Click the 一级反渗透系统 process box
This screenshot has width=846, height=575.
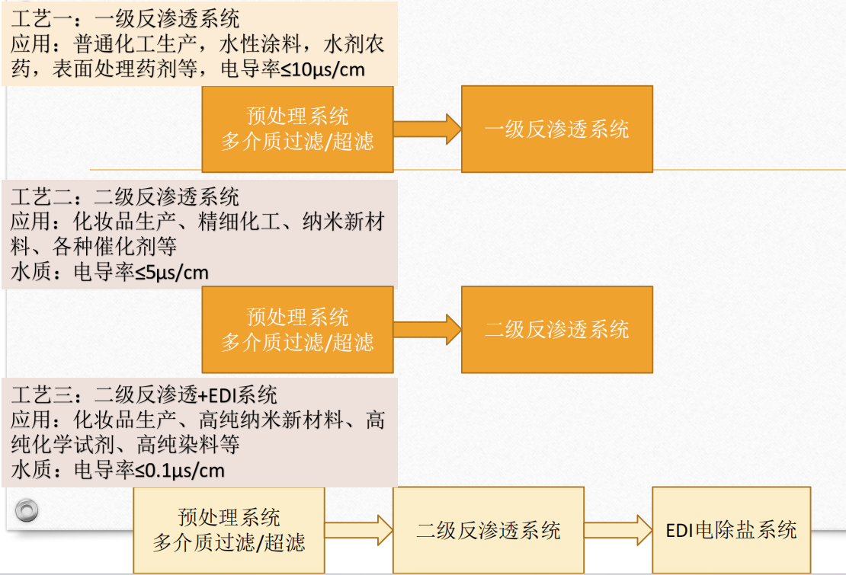(557, 129)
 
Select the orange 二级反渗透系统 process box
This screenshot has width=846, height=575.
(557, 329)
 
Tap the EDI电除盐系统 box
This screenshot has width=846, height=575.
(731, 529)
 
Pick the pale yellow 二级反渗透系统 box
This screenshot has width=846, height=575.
(489, 530)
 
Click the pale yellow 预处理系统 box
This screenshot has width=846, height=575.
(229, 530)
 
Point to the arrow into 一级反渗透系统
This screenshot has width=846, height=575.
(428, 129)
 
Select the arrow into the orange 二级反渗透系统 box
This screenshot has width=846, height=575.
(428, 329)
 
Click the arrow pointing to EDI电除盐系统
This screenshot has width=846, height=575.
(618, 529)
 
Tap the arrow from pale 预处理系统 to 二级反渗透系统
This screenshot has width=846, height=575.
(359, 530)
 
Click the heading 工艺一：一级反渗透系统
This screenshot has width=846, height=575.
(125, 18)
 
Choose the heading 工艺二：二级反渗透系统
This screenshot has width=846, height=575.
(125, 198)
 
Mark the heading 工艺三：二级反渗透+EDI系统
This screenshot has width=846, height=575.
(144, 396)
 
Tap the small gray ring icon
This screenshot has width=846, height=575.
(27, 509)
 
